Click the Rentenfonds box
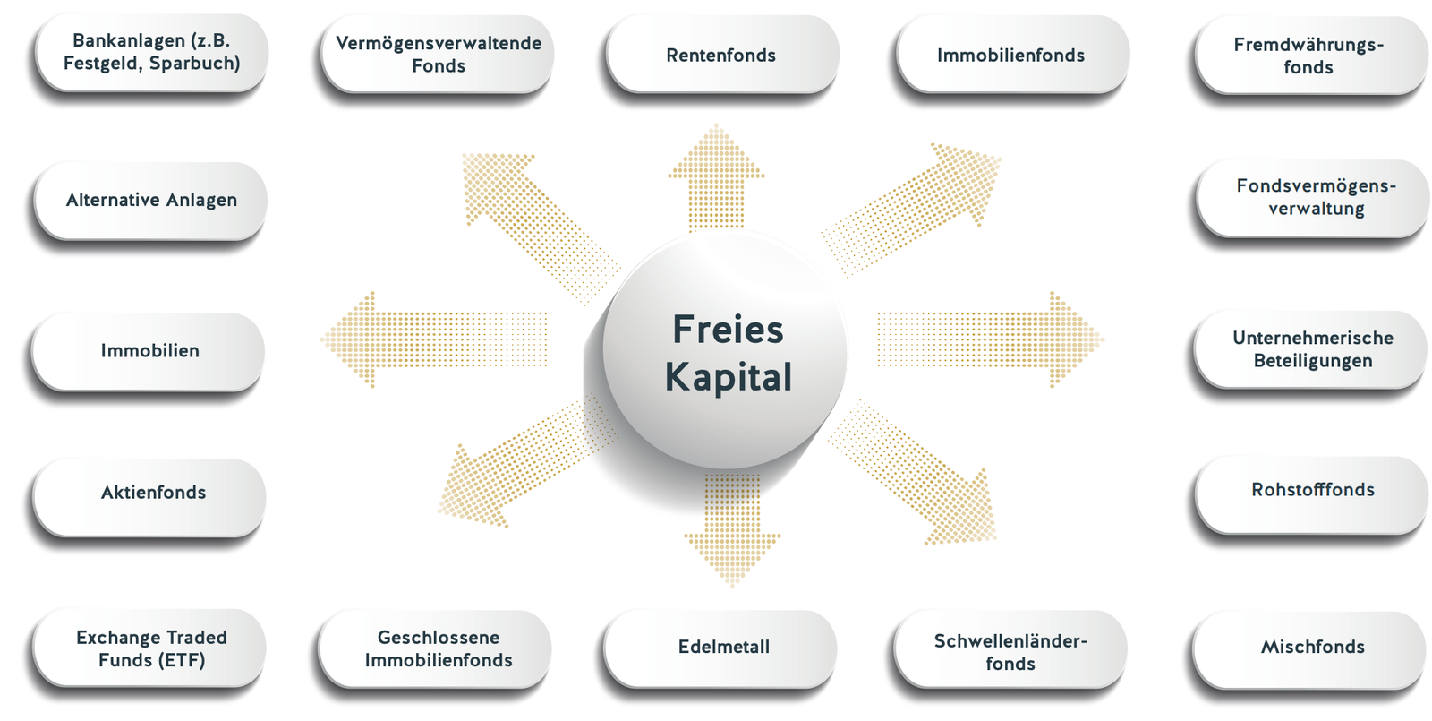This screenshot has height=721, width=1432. [721, 55]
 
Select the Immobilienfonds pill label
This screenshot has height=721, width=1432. [1011, 55]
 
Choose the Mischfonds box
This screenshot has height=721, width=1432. [1312, 648]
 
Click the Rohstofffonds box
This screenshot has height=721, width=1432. [1312, 491]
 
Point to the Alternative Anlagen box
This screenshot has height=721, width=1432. [150, 201]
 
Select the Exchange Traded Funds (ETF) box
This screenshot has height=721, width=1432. [150, 648]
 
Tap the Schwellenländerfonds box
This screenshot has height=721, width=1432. [1011, 651]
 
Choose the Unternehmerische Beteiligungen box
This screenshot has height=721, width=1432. [1312, 349]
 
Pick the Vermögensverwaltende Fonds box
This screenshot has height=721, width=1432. [439, 55]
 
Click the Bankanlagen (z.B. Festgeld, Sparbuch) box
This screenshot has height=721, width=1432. [150, 52]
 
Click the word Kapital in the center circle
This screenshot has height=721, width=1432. [728, 377]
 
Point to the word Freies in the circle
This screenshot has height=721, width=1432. [728, 330]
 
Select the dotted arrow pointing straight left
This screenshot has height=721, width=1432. [430, 339]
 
